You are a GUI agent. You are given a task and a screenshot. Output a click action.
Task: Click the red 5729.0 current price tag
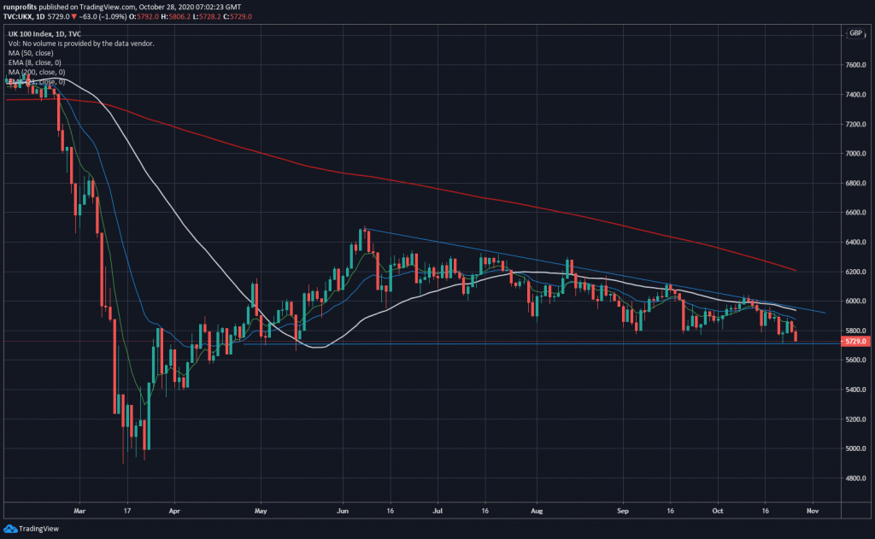coord(854,342)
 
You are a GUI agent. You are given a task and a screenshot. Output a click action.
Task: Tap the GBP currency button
coord(854,33)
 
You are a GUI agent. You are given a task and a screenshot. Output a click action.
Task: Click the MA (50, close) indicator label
coord(30,53)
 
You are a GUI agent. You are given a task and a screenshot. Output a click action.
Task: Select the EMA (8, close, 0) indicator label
coord(35,62)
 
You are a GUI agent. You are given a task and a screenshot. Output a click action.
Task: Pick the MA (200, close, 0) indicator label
coord(36,73)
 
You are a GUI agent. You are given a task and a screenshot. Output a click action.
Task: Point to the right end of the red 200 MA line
coord(796,271)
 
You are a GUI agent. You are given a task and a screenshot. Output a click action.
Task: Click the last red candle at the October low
coord(796,337)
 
